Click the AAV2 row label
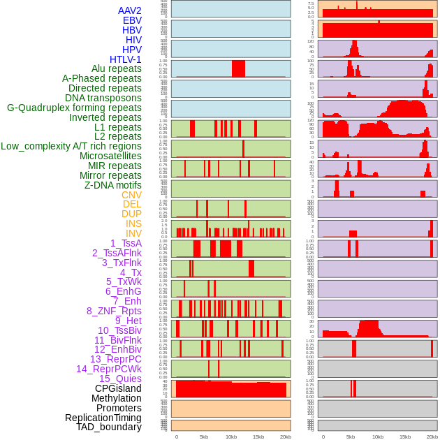click(129, 10)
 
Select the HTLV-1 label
click(125, 59)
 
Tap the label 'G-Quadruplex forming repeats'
click(74, 108)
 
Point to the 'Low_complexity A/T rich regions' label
click(71, 146)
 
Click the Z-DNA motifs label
click(112, 185)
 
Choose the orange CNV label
click(131, 195)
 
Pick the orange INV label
click(133, 233)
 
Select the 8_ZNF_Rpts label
click(114, 311)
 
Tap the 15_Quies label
click(119, 379)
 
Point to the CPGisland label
click(118, 388)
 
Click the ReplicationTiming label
click(103, 418)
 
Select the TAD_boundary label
click(108, 427)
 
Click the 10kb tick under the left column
click(231, 437)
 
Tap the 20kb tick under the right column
click(432, 437)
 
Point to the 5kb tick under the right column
click(350, 437)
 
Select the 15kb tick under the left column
click(258, 437)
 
